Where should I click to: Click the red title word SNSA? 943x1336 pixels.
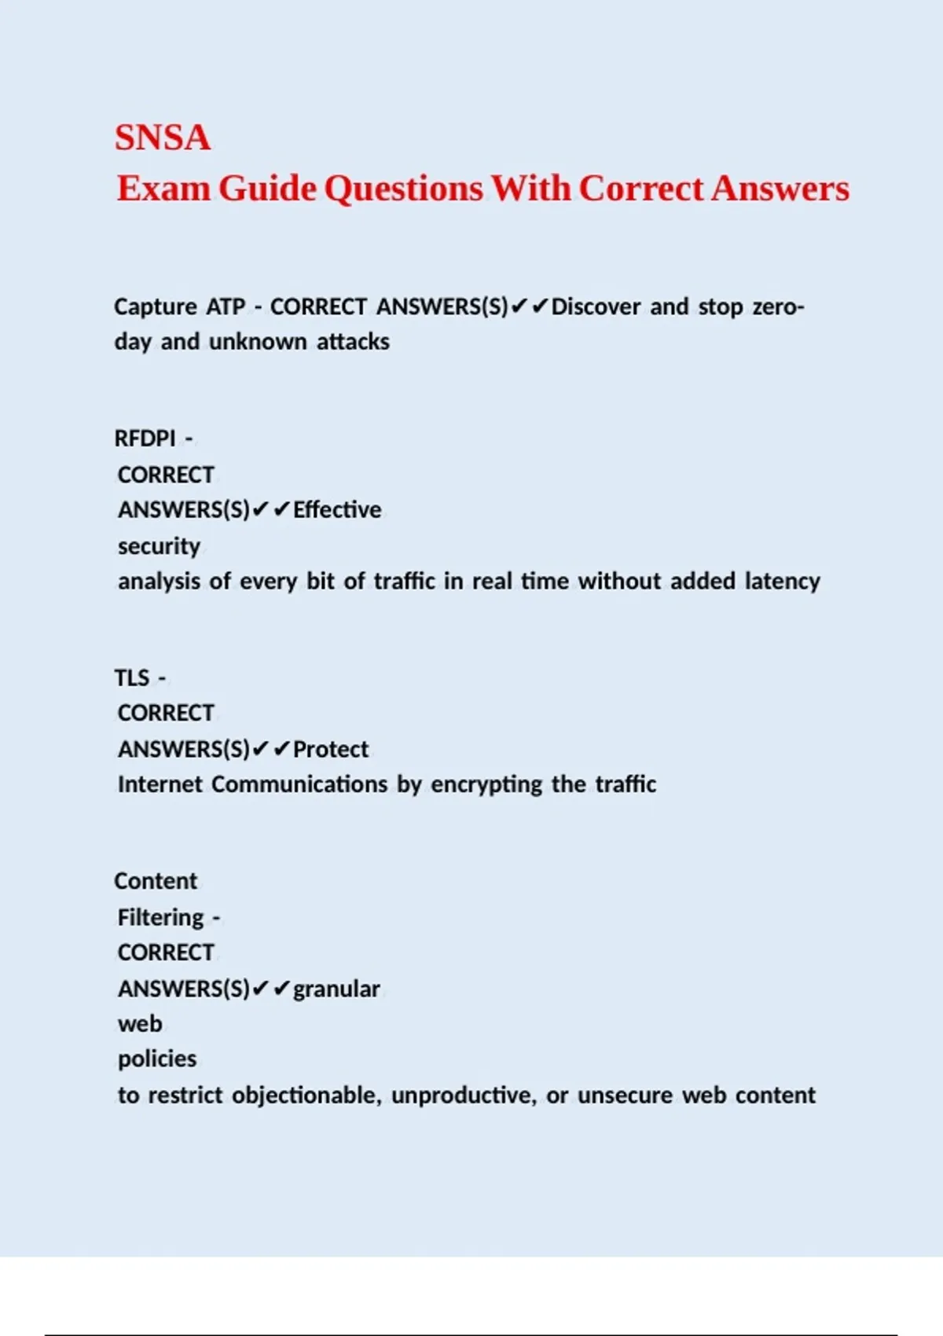[163, 138]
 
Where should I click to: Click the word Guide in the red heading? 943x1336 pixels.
[267, 189]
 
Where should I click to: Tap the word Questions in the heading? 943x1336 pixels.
[403, 189]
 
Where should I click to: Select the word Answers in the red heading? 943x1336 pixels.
[780, 189]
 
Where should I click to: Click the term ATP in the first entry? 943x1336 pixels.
[226, 306]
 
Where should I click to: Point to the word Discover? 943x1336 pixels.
[596, 306]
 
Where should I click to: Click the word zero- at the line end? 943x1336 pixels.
[778, 306]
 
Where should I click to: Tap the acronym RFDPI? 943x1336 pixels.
[145, 439]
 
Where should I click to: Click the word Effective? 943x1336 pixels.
[337, 510]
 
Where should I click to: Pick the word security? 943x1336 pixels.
[159, 546]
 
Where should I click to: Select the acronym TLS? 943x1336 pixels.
[132, 677]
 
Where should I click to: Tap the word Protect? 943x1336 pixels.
[331, 750]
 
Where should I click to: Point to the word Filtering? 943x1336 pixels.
[161, 917]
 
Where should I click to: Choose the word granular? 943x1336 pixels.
[336, 989]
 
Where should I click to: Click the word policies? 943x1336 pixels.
[157, 1059]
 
